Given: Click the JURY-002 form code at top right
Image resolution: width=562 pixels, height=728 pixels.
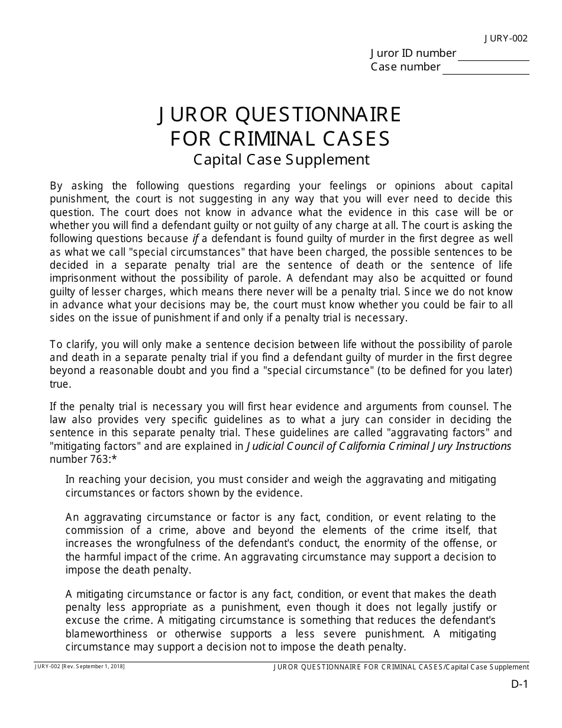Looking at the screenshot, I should point(505,39).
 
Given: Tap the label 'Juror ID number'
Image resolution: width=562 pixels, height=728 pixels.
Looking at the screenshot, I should point(413,53).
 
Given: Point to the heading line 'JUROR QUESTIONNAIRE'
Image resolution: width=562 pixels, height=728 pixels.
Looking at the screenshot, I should point(280,114).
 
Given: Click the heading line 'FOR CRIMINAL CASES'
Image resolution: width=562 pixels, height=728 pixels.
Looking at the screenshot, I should point(280,138).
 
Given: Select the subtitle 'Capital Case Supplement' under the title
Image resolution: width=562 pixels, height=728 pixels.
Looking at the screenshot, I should point(281,160).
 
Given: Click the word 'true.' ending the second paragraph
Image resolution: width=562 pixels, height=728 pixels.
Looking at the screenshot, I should point(60,384).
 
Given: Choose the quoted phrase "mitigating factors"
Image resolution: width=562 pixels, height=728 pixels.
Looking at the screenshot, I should point(88,446).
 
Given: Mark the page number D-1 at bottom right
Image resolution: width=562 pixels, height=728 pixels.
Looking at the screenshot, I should point(519,684).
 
